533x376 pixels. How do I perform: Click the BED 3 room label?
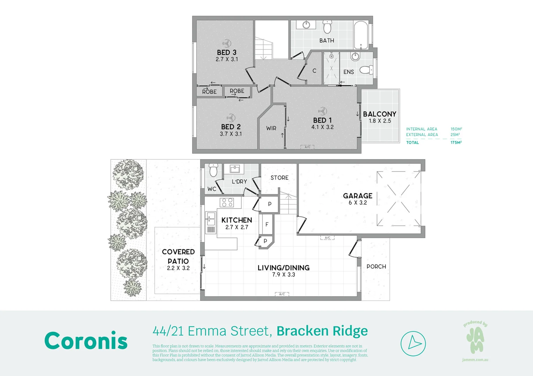point(227,53)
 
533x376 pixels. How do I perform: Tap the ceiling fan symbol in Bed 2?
point(231,118)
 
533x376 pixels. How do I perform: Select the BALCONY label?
point(380,114)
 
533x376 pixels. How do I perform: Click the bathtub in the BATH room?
point(361,35)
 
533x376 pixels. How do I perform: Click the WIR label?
point(271,128)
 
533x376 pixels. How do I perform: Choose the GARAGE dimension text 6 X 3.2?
point(358,203)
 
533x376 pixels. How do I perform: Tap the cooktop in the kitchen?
point(228,202)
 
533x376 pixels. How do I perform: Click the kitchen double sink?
point(211,219)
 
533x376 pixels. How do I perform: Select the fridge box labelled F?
point(267,225)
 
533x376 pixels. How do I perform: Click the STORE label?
point(280,178)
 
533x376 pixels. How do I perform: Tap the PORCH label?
point(376,267)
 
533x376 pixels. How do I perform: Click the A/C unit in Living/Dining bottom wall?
point(282,295)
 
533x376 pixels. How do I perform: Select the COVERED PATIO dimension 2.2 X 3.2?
point(178,268)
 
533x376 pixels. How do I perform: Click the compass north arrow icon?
point(413,344)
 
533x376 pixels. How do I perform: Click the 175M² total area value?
point(456,142)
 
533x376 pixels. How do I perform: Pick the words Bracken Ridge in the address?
point(322,331)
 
